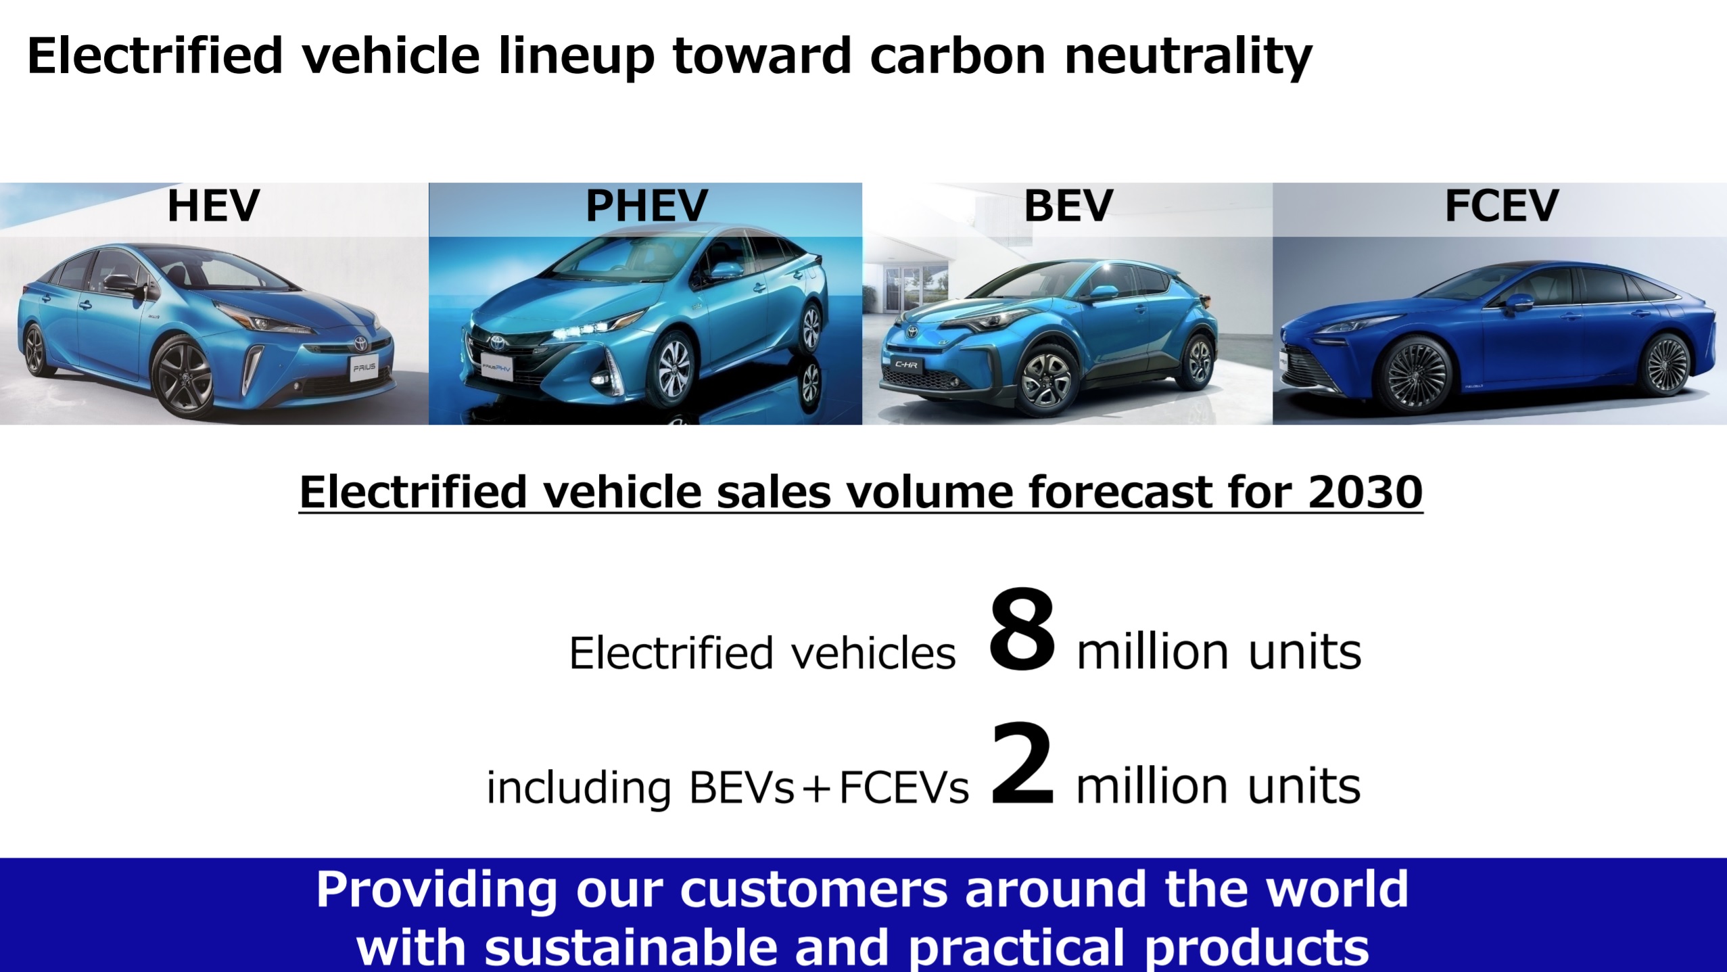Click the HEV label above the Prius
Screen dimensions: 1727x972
(x=214, y=206)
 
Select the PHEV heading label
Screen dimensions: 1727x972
(x=646, y=206)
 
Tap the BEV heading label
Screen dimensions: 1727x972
(x=1068, y=206)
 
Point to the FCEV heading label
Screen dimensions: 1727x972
(x=1501, y=206)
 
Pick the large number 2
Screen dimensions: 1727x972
(x=1022, y=764)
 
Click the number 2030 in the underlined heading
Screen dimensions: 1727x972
(x=1365, y=492)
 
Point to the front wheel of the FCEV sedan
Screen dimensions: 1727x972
(x=1414, y=374)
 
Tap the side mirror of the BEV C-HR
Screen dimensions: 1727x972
(x=1104, y=294)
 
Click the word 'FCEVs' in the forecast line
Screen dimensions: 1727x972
(x=904, y=787)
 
